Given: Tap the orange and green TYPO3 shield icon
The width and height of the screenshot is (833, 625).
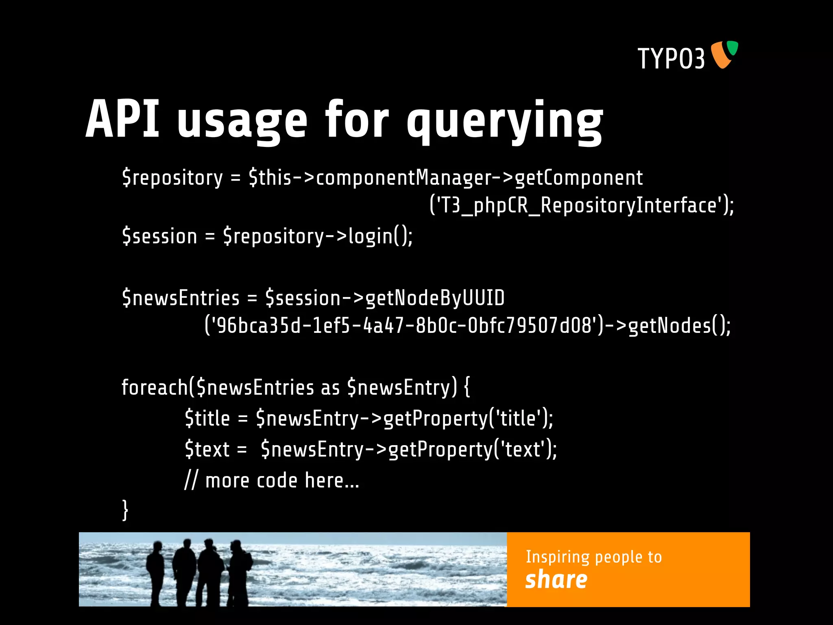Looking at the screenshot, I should tap(724, 55).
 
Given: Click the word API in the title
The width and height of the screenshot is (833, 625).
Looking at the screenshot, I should tap(122, 120).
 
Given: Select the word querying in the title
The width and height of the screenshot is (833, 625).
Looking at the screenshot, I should tap(505, 122).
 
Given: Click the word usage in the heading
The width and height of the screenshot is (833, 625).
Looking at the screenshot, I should tap(242, 122).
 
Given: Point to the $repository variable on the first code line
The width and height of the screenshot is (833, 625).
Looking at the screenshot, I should tap(172, 178).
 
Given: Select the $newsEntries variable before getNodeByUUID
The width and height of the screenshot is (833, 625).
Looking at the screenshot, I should tap(181, 298).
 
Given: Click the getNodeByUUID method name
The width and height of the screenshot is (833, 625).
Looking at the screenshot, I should tap(435, 298).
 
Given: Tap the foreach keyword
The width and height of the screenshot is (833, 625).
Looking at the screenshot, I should tap(155, 387).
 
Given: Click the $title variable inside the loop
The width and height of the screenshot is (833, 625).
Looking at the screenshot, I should tap(207, 418).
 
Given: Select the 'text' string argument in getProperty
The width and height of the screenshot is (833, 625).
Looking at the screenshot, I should tap(522, 450).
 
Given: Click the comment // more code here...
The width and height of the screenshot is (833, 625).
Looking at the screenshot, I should tap(272, 481).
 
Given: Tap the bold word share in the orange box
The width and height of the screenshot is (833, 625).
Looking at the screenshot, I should tap(556, 580).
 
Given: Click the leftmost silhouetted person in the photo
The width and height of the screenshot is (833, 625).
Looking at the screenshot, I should tap(155, 572).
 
